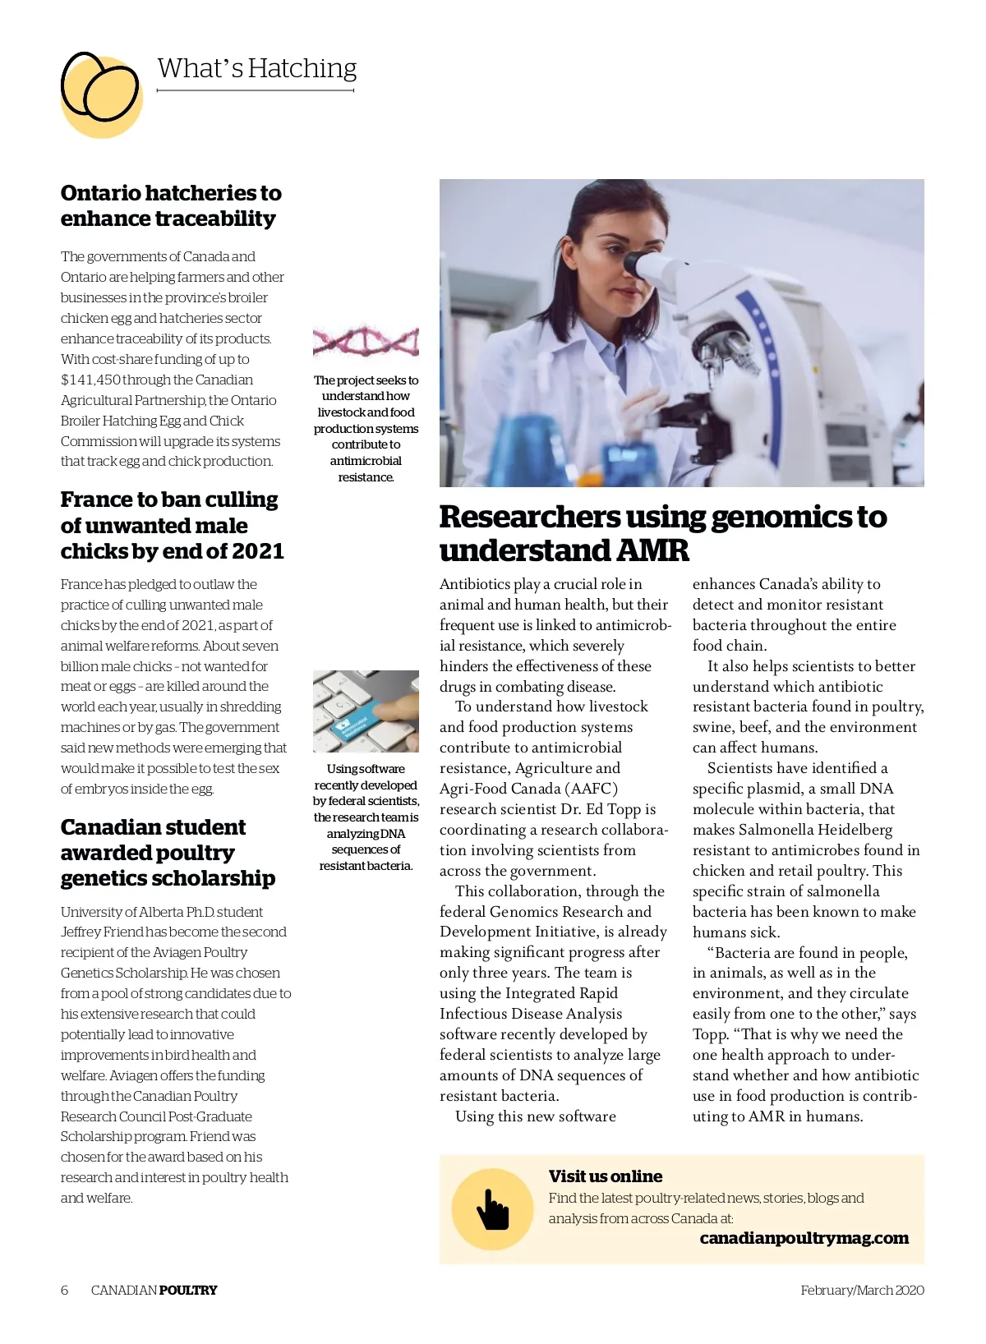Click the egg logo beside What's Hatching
101,92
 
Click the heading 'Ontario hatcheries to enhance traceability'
171,205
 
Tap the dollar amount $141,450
90,380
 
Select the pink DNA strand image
366,339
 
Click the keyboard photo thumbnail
366,711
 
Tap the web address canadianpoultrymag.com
804,1238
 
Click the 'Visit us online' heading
605,1176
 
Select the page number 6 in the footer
65,1290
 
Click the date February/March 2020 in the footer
862,1290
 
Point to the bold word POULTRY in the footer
188,1290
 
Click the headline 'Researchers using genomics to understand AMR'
662,533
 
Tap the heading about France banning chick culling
172,525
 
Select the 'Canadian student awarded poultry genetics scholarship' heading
168,852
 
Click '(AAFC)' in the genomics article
592,789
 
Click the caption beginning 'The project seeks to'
366,428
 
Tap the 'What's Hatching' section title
256,68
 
